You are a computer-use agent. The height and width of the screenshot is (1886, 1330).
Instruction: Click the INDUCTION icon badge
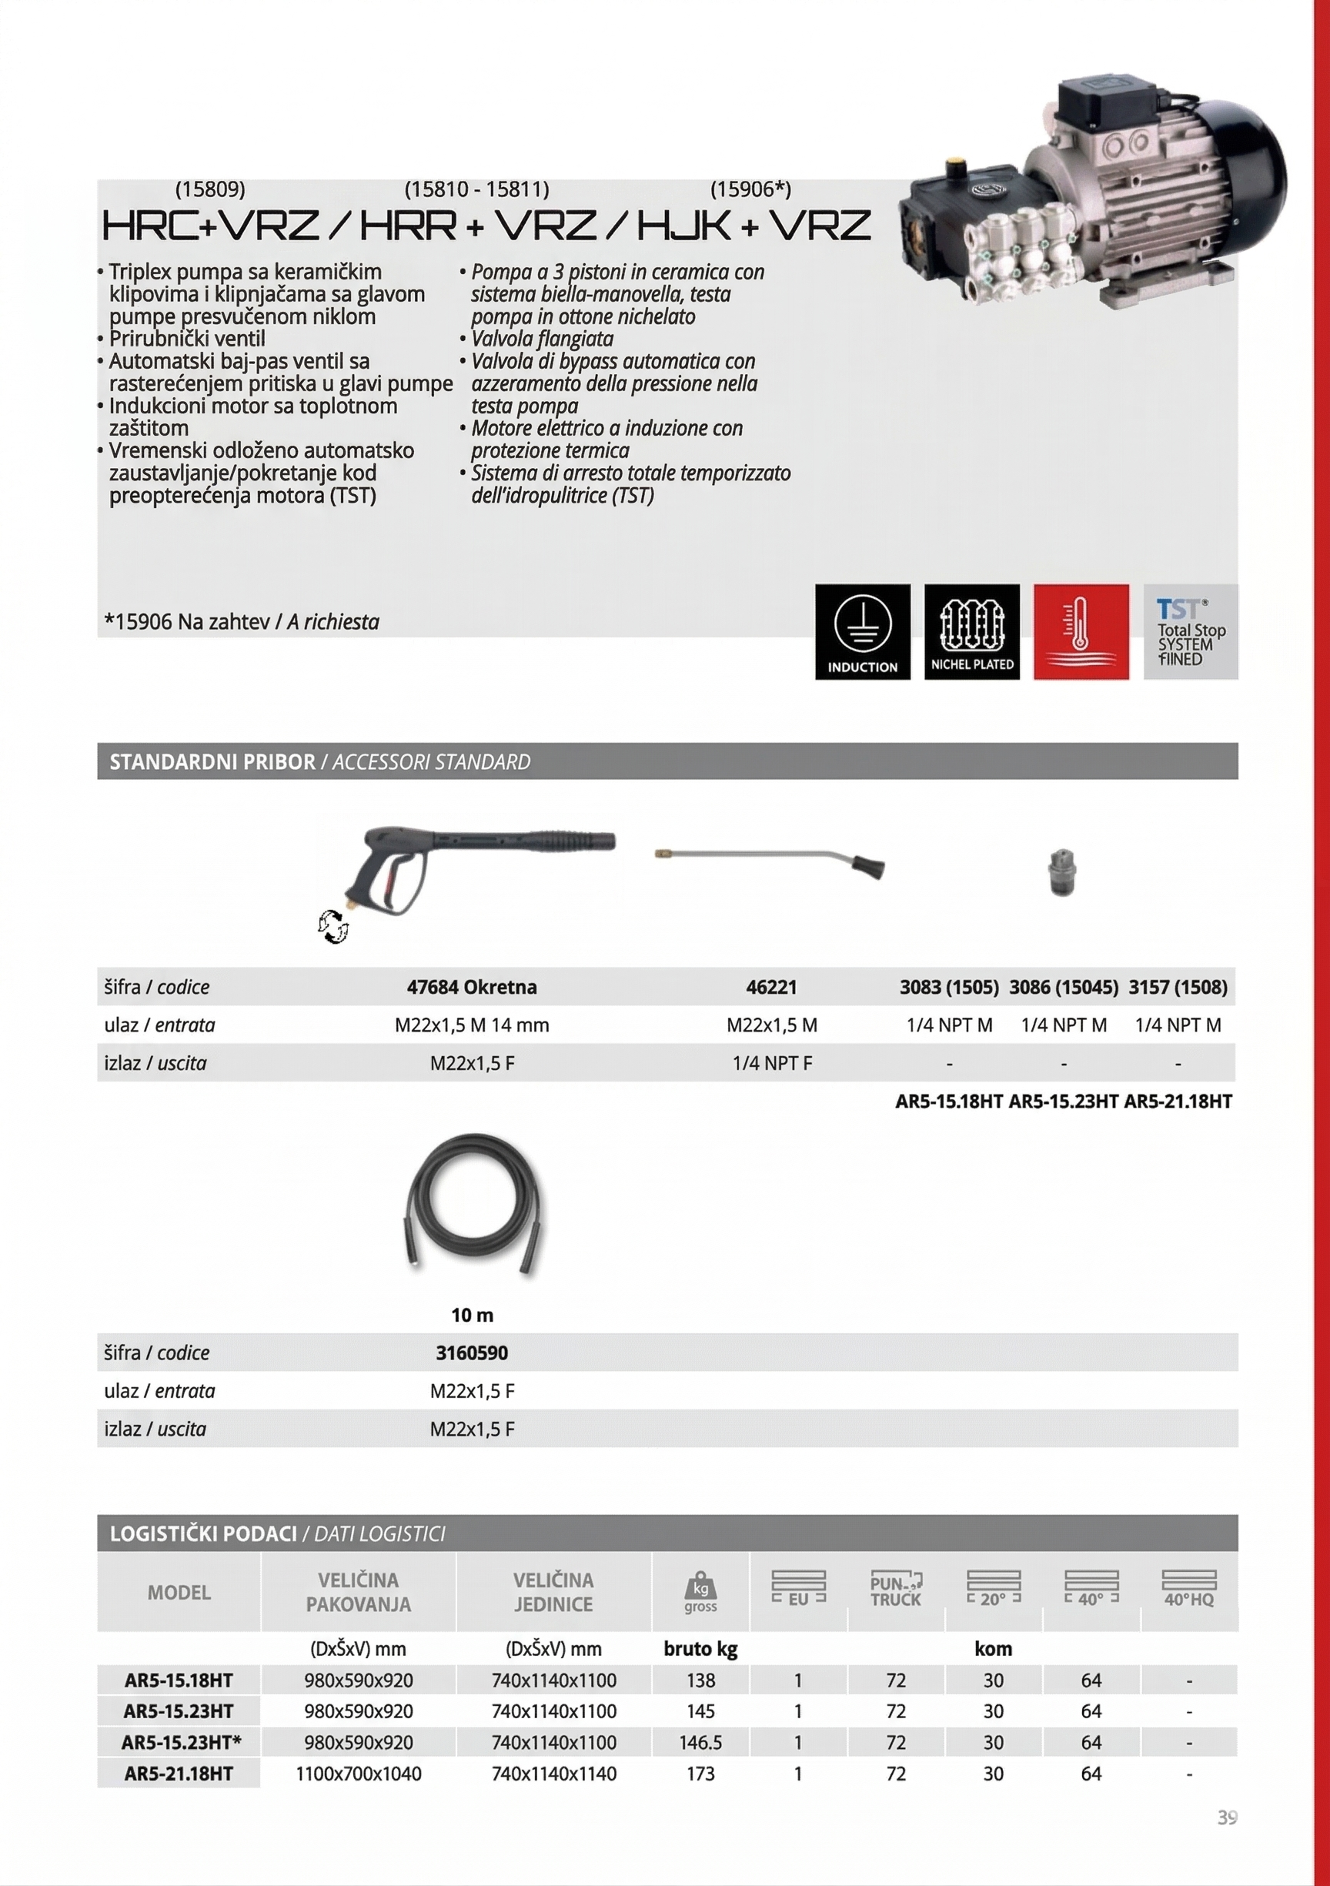pyautogui.click(x=863, y=631)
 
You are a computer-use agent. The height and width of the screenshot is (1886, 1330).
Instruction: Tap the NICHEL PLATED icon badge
pyautogui.click(x=972, y=631)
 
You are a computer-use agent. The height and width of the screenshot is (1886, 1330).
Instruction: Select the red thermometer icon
pyautogui.click(x=1081, y=631)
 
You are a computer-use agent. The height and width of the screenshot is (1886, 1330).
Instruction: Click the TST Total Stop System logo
pyautogui.click(x=1191, y=631)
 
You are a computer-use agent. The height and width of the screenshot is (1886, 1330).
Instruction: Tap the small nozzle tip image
pyautogui.click(x=1062, y=872)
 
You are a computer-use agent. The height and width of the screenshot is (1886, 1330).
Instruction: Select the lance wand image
pyautogui.click(x=769, y=862)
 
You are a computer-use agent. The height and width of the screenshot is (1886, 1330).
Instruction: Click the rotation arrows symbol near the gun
pyautogui.click(x=332, y=927)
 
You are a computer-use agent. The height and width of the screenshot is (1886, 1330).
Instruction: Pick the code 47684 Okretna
pyautogui.click(x=472, y=987)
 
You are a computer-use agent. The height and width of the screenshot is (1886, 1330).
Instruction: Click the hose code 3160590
pyautogui.click(x=472, y=1352)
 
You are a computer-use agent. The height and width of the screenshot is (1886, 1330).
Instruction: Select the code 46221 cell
pyautogui.click(x=771, y=987)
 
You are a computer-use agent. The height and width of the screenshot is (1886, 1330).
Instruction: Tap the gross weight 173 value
pyautogui.click(x=700, y=1774)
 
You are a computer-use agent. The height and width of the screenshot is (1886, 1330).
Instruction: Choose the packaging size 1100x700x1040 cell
pyautogui.click(x=358, y=1774)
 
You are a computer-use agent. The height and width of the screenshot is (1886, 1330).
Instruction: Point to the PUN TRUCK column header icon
pyautogui.click(x=895, y=1590)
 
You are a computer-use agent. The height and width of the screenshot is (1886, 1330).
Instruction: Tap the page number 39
pyautogui.click(x=1228, y=1817)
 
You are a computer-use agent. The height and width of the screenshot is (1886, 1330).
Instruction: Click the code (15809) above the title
pyautogui.click(x=210, y=189)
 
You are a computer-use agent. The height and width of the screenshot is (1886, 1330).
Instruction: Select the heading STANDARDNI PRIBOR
pyautogui.click(x=212, y=761)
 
